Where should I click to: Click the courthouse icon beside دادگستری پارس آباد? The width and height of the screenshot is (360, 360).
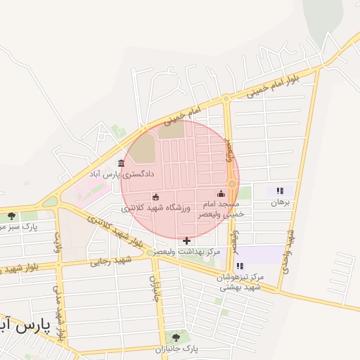[122, 164]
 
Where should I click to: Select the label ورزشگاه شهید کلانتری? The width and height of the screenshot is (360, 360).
[156, 208]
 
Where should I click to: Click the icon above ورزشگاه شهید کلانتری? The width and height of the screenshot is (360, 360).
[156, 197]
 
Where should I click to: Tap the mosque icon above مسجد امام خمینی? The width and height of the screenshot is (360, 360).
[221, 193]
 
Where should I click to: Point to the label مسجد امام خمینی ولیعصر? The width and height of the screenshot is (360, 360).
[221, 207]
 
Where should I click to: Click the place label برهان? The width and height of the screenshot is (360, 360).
[280, 202]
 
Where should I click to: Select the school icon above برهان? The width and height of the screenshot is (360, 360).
[280, 191]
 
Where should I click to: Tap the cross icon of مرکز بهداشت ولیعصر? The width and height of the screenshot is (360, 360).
[186, 240]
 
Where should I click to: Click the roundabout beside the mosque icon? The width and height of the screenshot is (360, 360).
[231, 184]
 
